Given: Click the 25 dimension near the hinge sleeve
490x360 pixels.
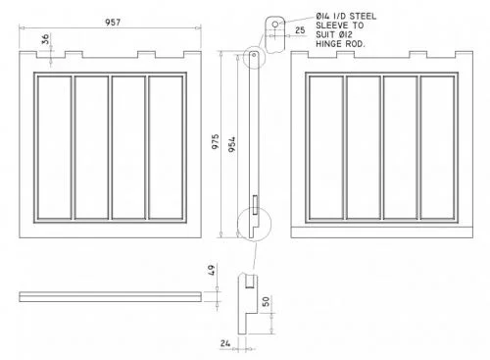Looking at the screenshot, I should point(299,31).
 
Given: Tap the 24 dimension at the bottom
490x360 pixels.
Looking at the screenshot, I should point(224,343).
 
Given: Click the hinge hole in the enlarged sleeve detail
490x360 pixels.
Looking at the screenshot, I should point(276,22).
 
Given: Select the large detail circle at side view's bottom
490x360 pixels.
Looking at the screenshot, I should point(252,222).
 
